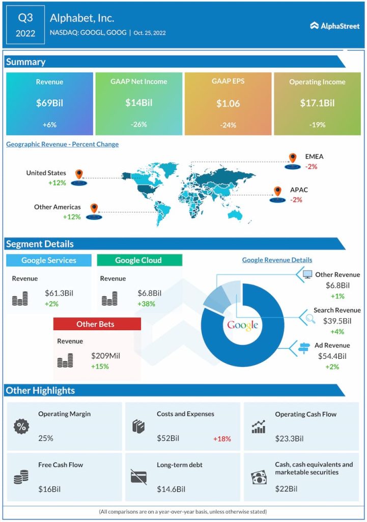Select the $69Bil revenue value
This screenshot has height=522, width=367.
tap(49, 103)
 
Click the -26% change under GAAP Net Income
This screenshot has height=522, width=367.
tap(138, 125)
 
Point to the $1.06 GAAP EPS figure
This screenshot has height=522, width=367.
tap(228, 103)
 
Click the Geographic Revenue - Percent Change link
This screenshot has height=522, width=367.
tap(62, 144)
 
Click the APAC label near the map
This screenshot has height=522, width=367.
tap(299, 190)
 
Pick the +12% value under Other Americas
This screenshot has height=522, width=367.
tap(72, 217)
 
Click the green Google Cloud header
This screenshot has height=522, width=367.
tap(139, 260)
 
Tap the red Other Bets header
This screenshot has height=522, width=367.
tap(97, 324)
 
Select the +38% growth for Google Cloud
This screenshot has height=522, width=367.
tap(146, 304)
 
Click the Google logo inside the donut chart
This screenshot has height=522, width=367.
tap(242, 325)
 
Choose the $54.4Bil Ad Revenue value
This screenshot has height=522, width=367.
tap(332, 356)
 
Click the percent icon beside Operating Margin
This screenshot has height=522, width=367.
tap(21, 427)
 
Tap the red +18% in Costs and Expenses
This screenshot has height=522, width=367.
tap(221, 438)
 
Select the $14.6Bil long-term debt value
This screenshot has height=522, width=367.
tap(171, 489)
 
